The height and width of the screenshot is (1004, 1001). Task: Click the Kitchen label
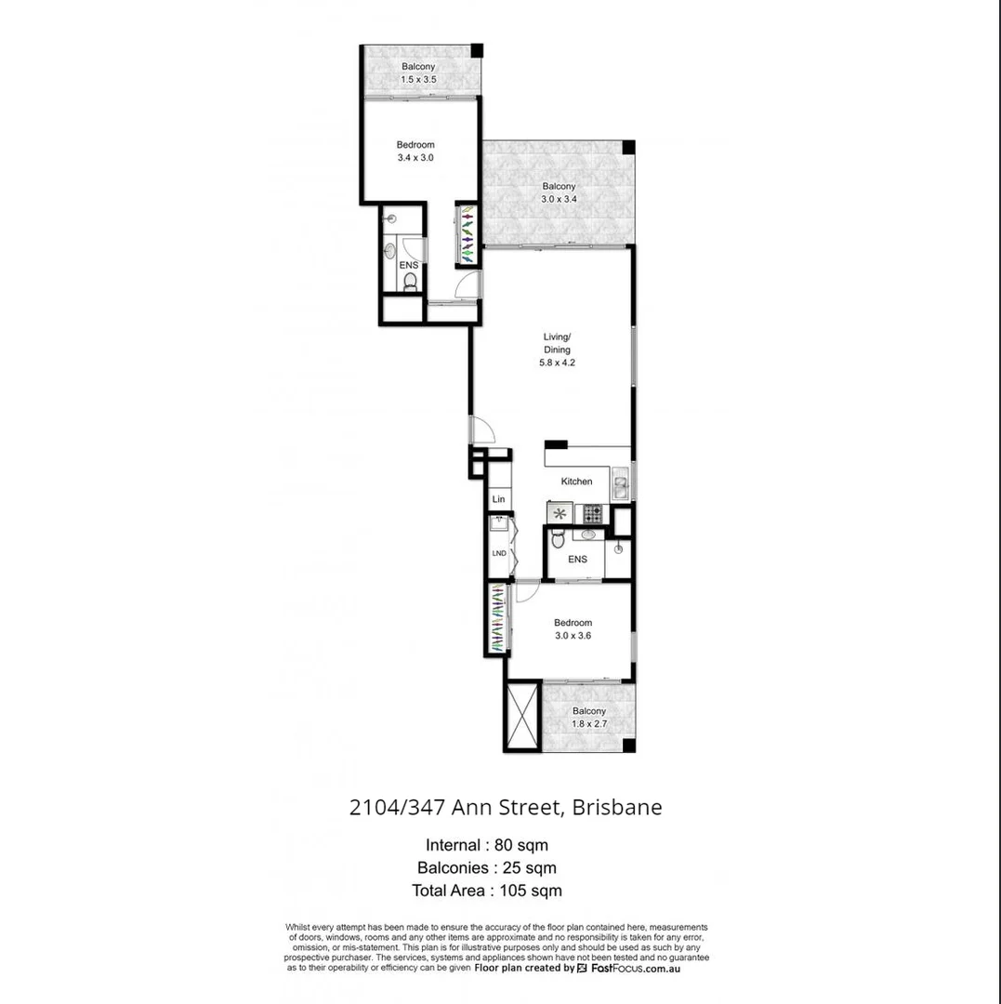tap(576, 482)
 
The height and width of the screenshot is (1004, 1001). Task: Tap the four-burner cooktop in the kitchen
tap(592, 512)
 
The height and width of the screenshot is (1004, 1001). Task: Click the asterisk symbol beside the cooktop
tap(560, 512)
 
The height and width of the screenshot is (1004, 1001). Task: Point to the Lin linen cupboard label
tap(499, 500)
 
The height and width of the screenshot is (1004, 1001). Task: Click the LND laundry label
tap(499, 553)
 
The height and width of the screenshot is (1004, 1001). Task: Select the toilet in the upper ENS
tap(410, 282)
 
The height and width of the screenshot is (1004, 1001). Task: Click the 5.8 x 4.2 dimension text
tap(558, 363)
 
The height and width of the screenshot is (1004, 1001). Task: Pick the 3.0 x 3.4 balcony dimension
tap(559, 198)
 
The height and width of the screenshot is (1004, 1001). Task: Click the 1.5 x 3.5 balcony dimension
tap(418, 80)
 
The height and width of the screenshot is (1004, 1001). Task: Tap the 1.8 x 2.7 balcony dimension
tap(588, 723)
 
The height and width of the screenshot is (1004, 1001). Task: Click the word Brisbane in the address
tap(617, 807)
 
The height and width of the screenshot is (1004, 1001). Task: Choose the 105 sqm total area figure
tap(539, 890)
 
